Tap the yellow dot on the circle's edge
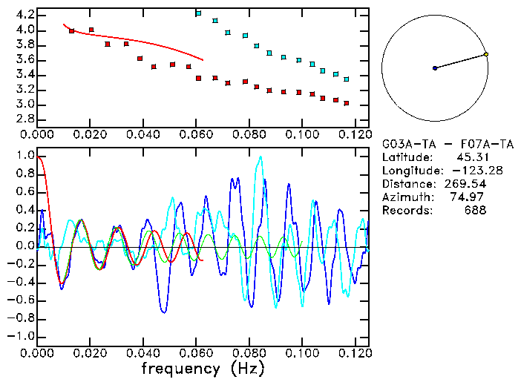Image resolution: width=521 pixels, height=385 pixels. pos(486,54)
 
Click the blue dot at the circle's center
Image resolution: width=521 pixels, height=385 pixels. pos(435,68)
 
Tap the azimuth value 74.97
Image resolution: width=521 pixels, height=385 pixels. pos(471,197)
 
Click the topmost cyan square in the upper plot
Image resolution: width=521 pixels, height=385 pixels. pos(198,13)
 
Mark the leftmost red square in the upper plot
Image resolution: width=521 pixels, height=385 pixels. pos(71,31)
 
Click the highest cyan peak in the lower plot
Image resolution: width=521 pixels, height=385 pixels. pos(260,157)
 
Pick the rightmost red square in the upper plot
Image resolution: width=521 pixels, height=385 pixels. pos(347,103)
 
